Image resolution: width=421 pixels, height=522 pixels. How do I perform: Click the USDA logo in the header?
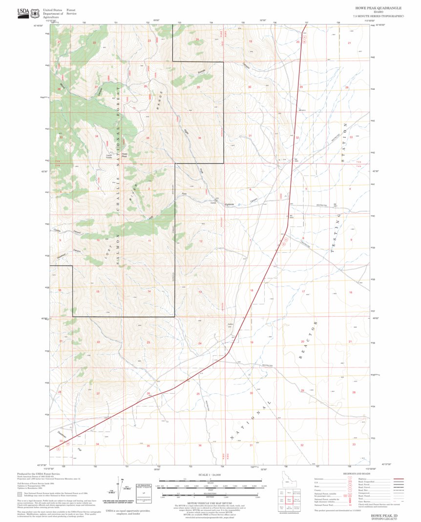[x=22, y=12]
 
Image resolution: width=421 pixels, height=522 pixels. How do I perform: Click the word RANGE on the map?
[x=163, y=100]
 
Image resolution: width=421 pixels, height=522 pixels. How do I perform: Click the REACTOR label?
[x=307, y=341]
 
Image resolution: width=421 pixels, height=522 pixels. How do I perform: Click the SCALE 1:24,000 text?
[x=210, y=475]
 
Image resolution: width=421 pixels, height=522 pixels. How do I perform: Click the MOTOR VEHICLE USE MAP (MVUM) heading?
[x=210, y=505]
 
